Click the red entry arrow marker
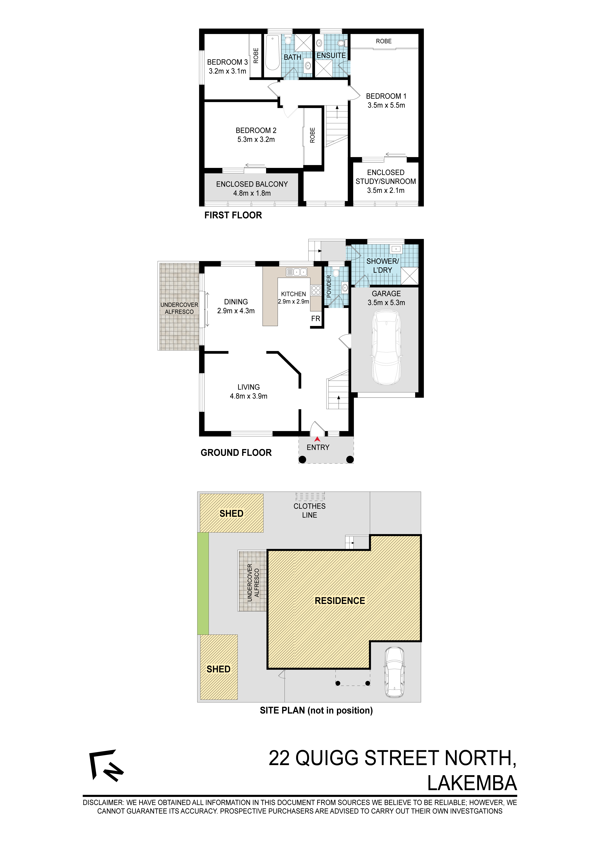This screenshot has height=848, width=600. [x=317, y=439]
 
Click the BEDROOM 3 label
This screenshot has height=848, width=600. [x=227, y=62]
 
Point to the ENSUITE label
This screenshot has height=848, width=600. [x=331, y=55]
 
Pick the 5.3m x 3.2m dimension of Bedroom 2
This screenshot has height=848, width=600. [x=256, y=140]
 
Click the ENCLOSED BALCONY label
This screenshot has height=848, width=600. [x=252, y=184]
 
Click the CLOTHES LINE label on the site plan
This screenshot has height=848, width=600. [x=309, y=510]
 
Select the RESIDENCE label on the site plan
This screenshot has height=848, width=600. [x=340, y=601]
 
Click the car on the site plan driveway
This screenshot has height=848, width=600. [x=394, y=673]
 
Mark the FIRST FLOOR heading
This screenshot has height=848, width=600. [x=233, y=215]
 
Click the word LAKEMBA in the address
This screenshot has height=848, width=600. [x=472, y=783]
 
